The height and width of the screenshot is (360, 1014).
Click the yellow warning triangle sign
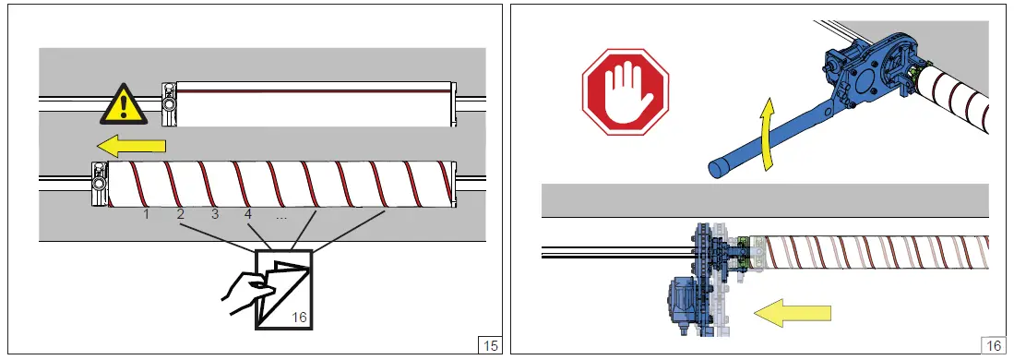[x=124, y=105]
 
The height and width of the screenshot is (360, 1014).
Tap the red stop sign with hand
[x=626, y=92]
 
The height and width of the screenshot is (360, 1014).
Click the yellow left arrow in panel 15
[x=134, y=147]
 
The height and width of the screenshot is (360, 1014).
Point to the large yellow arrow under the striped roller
[x=793, y=313]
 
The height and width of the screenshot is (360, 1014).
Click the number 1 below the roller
[x=146, y=214]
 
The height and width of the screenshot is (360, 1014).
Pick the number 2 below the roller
[x=181, y=214]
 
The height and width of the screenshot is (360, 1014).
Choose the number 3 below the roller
[x=215, y=214]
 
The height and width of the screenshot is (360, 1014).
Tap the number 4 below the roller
[x=249, y=214]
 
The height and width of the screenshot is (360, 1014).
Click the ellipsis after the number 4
[x=281, y=218]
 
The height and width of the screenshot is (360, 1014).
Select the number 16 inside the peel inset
[x=299, y=318]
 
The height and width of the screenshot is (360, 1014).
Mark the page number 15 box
[x=490, y=345]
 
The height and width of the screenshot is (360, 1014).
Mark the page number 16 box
[x=994, y=345]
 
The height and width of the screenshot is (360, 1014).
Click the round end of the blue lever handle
[x=717, y=169]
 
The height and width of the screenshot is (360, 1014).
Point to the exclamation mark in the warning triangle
[x=124, y=108]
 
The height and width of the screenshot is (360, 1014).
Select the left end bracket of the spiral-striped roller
[x=99, y=184]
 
